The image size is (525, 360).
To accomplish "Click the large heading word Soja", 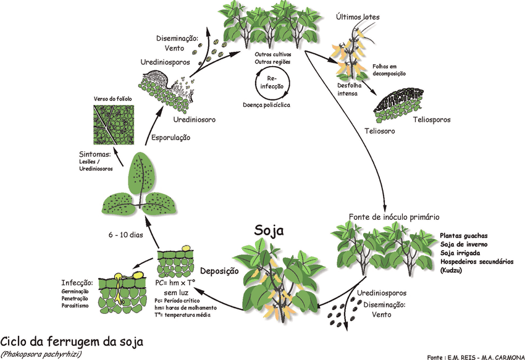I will click(269, 232).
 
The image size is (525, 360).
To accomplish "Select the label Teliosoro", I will click(379, 132).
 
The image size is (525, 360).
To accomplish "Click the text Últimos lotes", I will click(358, 17).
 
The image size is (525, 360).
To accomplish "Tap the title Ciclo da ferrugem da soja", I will click(71, 341).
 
